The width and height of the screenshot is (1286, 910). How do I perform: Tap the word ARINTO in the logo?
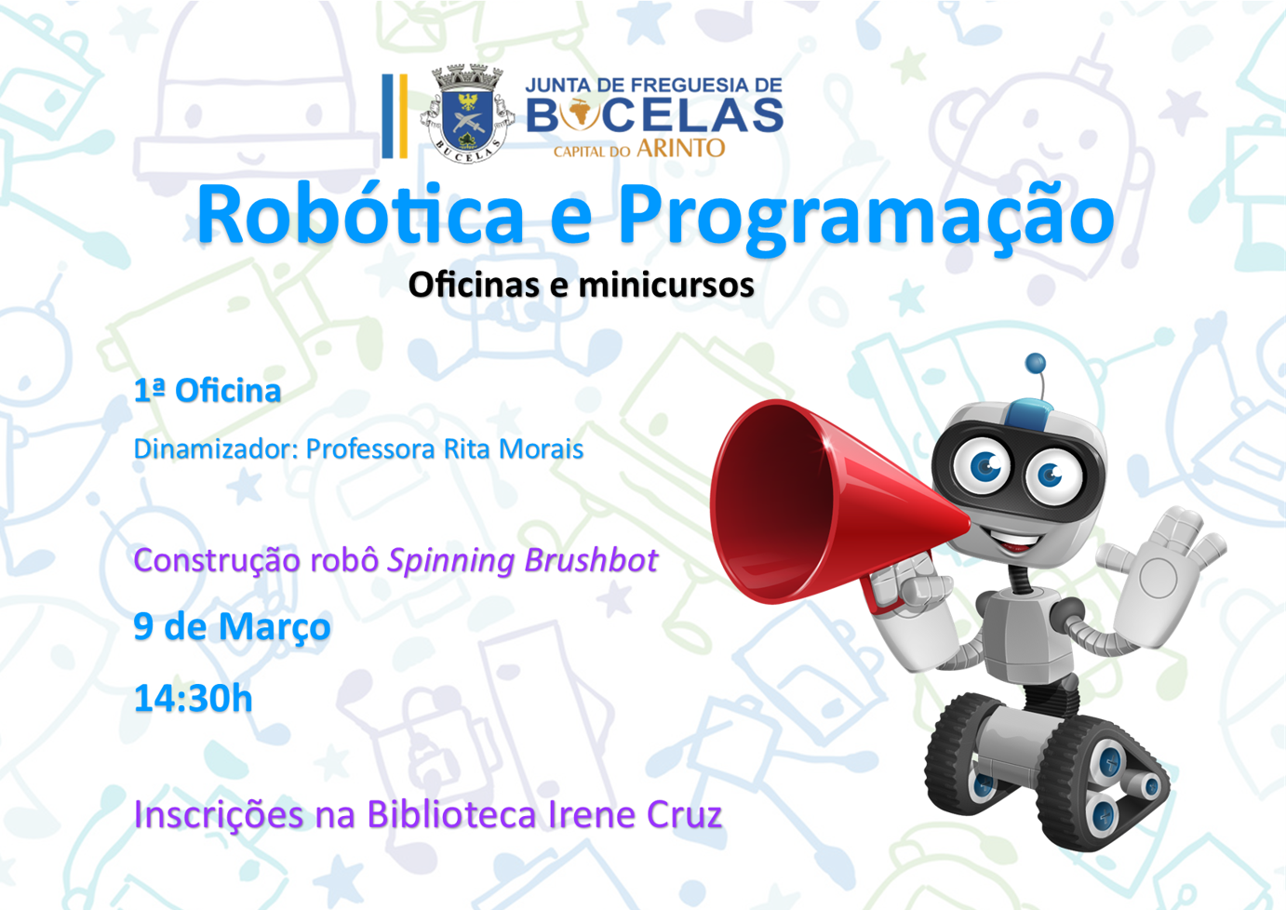680,149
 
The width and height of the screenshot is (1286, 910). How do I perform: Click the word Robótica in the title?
360,215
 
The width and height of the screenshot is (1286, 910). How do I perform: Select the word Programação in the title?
865,219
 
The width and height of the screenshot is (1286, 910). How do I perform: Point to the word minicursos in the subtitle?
666,285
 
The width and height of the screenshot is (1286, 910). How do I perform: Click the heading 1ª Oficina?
208,391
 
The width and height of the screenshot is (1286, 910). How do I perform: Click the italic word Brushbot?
591,560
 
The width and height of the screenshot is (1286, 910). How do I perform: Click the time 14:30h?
193,698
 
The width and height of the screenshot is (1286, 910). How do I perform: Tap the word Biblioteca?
451,814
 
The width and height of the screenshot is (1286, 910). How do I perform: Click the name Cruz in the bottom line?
684,814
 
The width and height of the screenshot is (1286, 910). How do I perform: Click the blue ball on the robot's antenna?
1035,363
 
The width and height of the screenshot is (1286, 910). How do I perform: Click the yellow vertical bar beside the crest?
403,116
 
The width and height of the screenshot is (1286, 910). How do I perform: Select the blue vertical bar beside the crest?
387,116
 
